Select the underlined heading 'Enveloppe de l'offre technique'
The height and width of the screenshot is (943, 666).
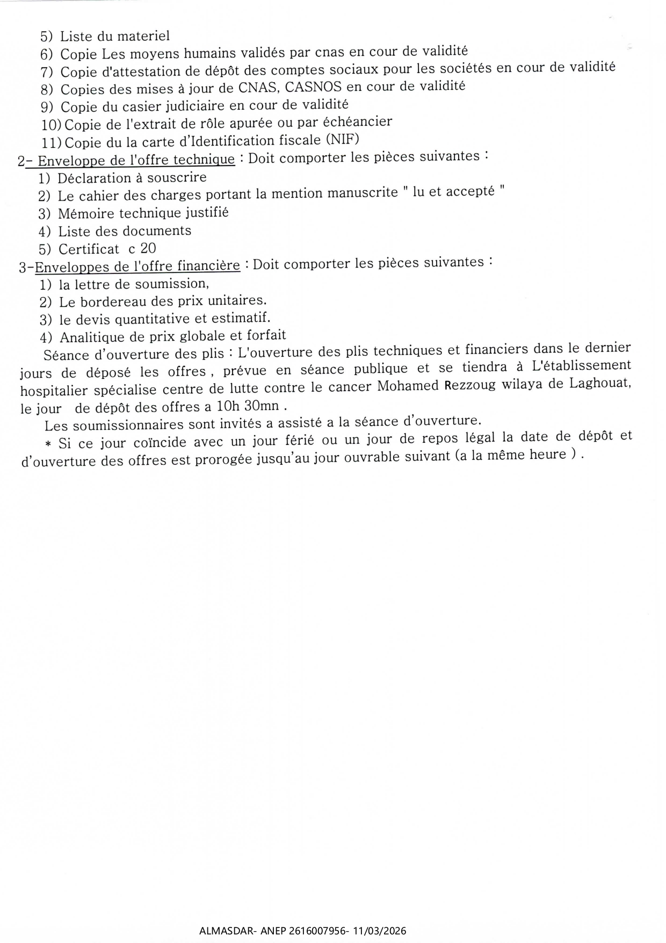[x=136, y=160]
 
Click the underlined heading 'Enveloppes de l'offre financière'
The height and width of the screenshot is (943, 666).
[x=137, y=266]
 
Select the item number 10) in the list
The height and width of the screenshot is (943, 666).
[x=52, y=125]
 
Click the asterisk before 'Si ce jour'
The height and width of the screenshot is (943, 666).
[x=48, y=444]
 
